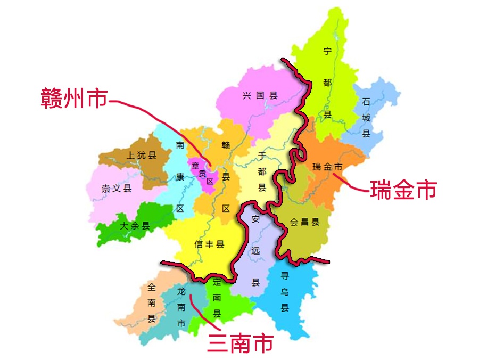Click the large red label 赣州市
[x=74, y=99]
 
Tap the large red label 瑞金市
[x=403, y=190]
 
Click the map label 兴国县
[x=260, y=96]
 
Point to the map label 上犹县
[x=142, y=156]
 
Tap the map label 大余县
[x=135, y=226]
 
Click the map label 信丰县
[x=209, y=244]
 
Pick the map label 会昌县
[x=304, y=222]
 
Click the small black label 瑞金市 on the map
[x=327, y=167]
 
